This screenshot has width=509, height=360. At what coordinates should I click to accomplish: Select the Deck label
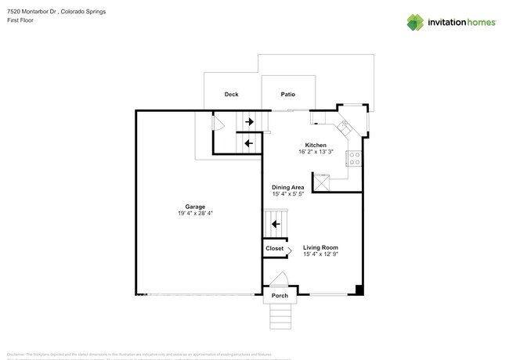click(231, 95)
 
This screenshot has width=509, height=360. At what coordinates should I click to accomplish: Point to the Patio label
click(287, 95)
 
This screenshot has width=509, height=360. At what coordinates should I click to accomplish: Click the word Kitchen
click(316, 146)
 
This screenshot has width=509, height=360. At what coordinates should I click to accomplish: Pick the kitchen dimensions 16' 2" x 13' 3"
click(316, 153)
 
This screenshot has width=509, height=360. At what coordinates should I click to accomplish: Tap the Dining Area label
click(287, 188)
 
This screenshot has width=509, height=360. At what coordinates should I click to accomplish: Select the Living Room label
click(320, 247)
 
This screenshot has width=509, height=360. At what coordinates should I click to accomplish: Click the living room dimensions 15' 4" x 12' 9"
click(320, 254)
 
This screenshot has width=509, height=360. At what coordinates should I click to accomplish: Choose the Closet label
click(274, 248)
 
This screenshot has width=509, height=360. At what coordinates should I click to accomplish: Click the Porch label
click(280, 296)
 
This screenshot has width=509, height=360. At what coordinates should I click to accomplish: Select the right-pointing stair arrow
click(249, 122)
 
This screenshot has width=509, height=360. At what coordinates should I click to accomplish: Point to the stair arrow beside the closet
click(275, 225)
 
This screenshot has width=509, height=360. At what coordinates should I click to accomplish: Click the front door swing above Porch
click(280, 280)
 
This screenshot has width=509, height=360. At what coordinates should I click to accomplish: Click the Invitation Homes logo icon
click(417, 21)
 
